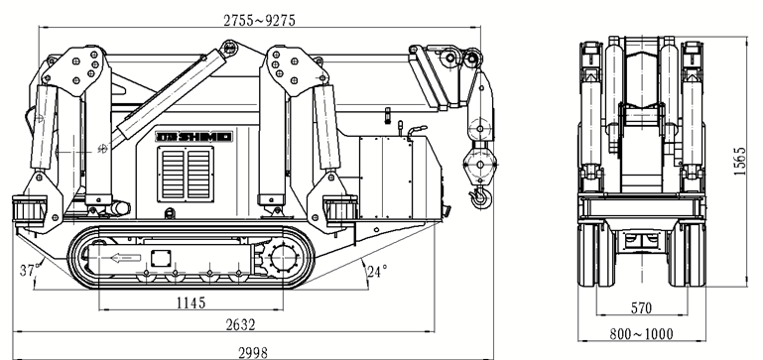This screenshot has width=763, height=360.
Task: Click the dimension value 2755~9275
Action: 259,20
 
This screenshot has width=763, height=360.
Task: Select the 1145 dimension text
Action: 191,302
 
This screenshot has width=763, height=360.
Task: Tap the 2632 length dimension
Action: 240,324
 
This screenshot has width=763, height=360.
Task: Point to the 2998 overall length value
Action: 253,353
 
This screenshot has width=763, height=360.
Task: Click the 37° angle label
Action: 28,270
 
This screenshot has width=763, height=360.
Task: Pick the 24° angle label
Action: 378,271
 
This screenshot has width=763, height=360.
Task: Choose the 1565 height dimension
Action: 740,161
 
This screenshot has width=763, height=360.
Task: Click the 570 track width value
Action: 641,308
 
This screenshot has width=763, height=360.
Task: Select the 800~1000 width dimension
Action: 641,334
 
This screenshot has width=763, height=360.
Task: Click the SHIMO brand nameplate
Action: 194,137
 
